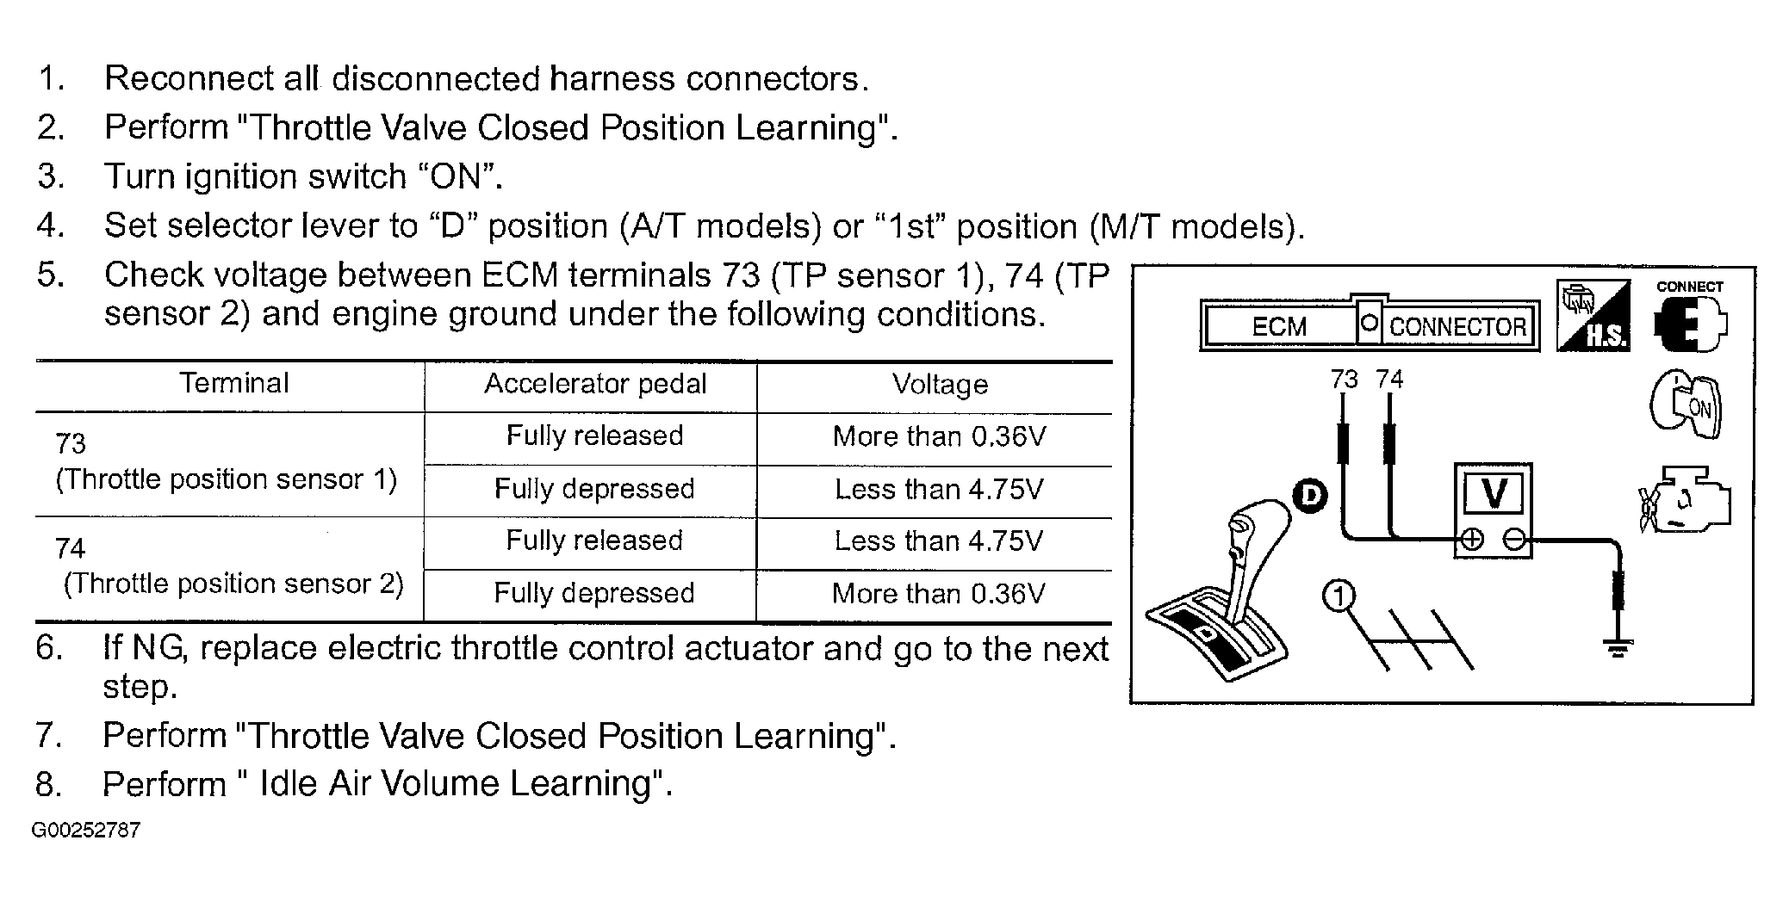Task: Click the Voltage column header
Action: [940, 384]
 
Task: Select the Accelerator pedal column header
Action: [595, 384]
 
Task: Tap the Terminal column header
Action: [233, 383]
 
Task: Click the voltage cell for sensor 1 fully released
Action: [939, 436]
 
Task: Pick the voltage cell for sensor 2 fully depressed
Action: [938, 593]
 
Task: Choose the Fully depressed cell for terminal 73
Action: [594, 489]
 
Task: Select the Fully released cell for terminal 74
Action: [594, 541]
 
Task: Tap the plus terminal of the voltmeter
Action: [1472, 540]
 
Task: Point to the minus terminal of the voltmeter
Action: [1515, 540]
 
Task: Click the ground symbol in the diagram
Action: [1618, 647]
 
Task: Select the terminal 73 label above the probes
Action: [1344, 380]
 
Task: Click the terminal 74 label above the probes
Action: [1389, 380]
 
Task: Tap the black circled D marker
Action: [1310, 495]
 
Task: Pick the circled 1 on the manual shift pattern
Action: [1339, 596]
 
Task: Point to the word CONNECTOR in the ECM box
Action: [1457, 327]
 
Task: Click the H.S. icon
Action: [1593, 316]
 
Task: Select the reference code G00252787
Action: [86, 831]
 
